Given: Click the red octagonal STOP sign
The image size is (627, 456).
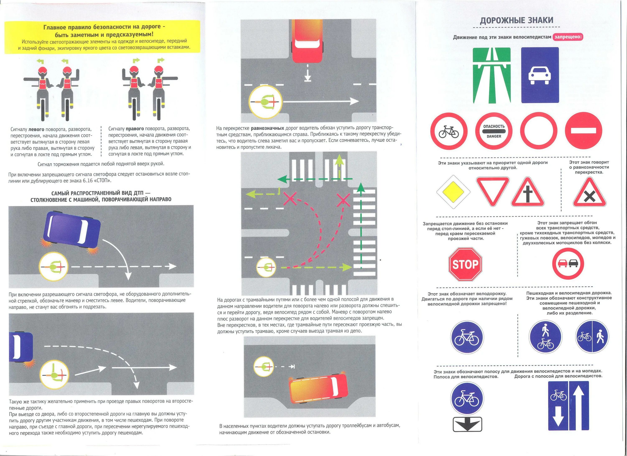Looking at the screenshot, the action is pyautogui.click(x=465, y=264).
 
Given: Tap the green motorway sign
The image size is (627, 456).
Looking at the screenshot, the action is pyautogui.click(x=492, y=75).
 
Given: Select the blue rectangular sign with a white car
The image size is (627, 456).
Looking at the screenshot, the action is pyautogui.click(x=540, y=75).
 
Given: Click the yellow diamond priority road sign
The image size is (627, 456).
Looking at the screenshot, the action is pyautogui.click(x=453, y=192).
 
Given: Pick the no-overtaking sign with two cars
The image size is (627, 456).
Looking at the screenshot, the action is pyautogui.click(x=568, y=263).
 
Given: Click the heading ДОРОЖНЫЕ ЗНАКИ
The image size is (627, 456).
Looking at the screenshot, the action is pyautogui.click(x=516, y=20).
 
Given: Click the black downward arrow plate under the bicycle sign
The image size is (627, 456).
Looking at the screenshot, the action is pyautogui.click(x=467, y=424).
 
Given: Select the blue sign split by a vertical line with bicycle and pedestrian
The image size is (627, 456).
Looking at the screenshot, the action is pyautogui.click(x=592, y=337).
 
